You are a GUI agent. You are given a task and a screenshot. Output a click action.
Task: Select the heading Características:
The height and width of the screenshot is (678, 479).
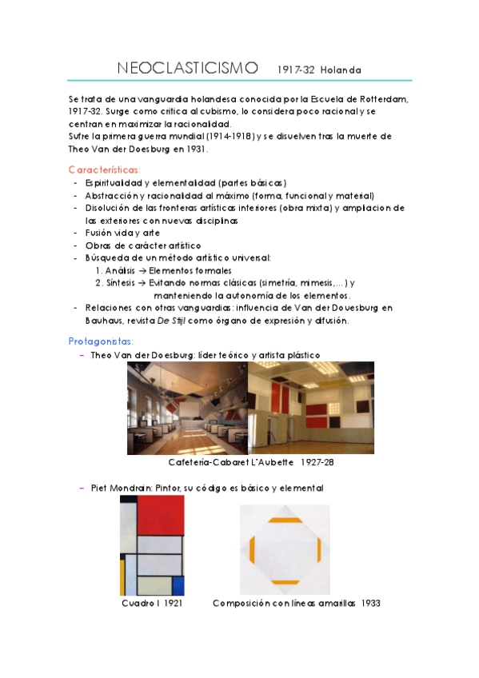[105, 169]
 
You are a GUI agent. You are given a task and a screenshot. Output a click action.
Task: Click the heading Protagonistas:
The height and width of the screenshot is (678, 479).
[102, 341]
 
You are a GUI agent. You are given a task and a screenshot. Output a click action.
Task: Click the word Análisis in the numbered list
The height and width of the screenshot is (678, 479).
[120, 271]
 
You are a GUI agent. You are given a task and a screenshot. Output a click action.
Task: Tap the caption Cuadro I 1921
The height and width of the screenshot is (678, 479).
[152, 604]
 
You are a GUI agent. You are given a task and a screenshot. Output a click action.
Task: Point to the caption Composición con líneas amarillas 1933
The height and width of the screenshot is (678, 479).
[296, 604]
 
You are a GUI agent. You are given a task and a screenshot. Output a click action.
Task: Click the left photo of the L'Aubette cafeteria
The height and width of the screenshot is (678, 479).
[187, 409]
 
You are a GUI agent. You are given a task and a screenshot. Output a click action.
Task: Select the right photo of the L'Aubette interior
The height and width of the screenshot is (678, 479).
[311, 409]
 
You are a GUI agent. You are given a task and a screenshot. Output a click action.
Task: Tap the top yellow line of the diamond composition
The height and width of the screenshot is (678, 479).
[285, 520]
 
